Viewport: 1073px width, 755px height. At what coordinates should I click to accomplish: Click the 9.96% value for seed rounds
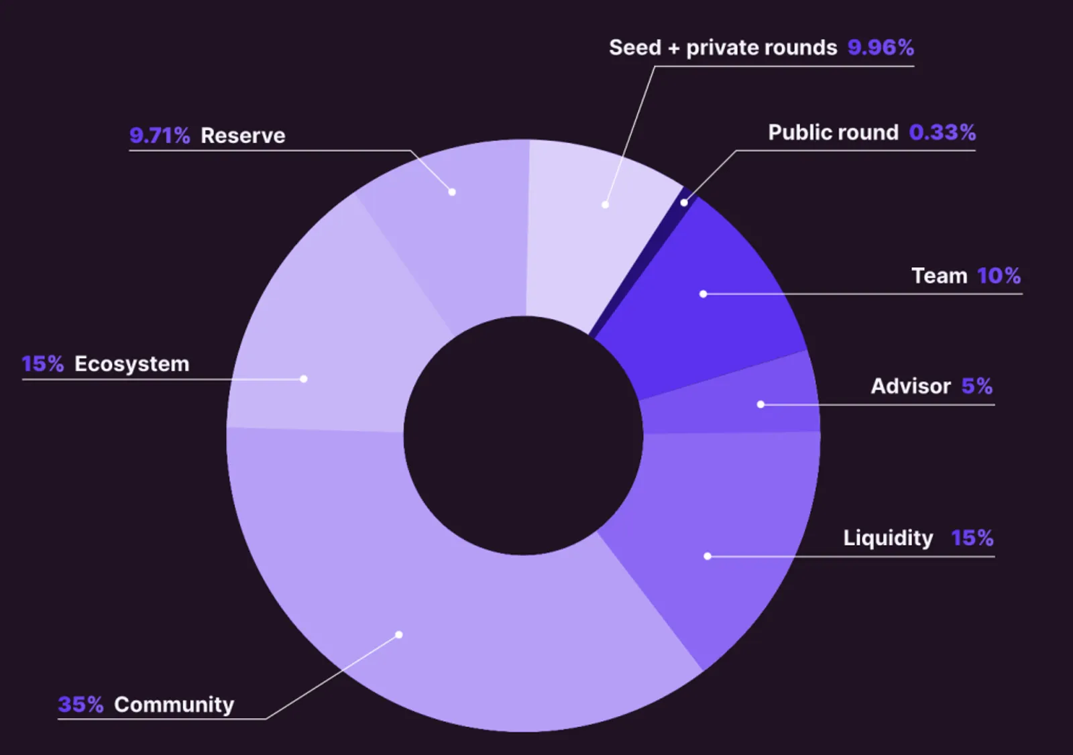(881, 48)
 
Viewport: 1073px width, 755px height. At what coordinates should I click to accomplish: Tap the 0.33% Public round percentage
(942, 133)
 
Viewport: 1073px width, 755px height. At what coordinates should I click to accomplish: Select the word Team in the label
(939, 276)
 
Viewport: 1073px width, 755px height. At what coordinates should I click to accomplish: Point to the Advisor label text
(911, 386)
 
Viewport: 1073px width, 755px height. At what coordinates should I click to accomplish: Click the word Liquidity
(888, 538)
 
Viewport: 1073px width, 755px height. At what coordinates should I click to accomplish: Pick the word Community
(174, 705)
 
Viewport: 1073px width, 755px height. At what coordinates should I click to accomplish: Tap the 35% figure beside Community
(80, 705)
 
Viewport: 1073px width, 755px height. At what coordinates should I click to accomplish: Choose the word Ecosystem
(131, 364)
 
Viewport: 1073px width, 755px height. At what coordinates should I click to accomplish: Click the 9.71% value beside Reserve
(160, 135)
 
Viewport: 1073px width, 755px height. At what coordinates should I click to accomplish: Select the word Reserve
(243, 135)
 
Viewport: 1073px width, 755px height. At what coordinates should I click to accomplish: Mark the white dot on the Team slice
(703, 294)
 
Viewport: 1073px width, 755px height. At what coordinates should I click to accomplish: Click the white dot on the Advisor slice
(760, 404)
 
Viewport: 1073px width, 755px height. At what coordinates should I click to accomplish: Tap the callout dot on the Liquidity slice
(708, 556)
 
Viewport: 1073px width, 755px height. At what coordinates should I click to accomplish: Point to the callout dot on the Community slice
(399, 635)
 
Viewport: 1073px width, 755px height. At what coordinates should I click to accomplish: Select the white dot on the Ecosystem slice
(304, 379)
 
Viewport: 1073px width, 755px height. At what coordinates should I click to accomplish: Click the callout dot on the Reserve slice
(452, 192)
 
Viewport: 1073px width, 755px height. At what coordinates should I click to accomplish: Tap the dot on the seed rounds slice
(606, 205)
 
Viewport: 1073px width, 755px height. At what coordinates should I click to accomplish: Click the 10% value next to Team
(999, 276)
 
